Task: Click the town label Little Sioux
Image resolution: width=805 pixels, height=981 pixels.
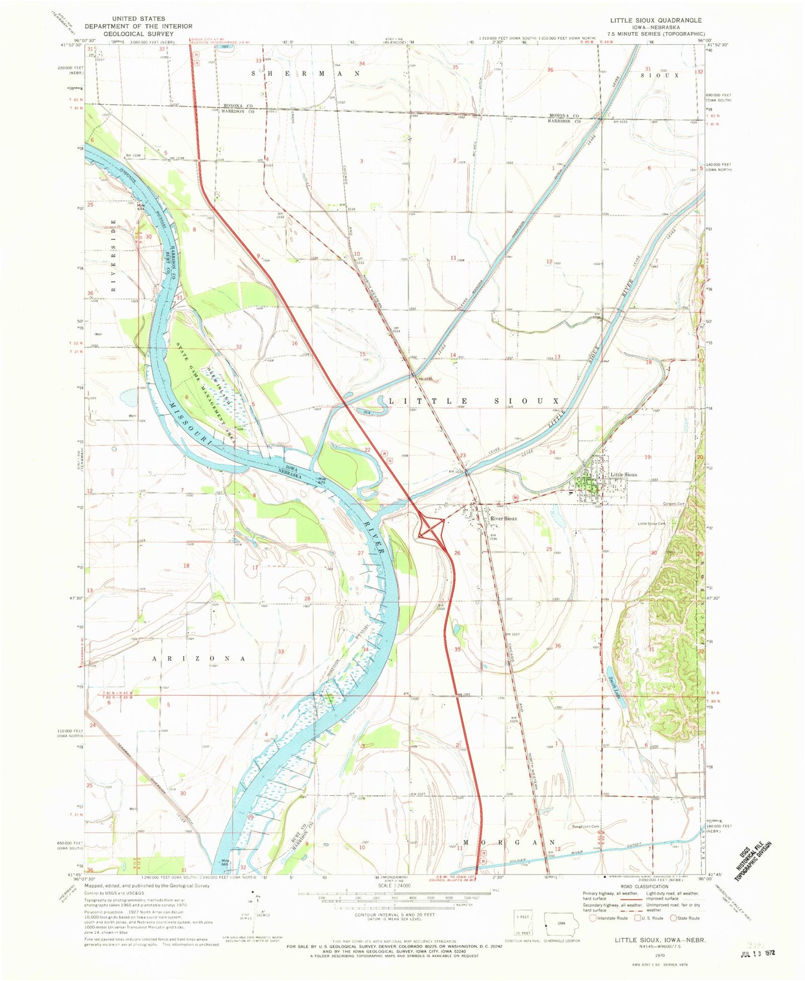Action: (623, 474)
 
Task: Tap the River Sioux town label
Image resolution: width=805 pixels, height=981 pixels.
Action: (503, 518)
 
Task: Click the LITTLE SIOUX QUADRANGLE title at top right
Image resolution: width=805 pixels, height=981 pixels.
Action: (656, 20)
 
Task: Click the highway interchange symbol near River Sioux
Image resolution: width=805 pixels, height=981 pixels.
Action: (431, 527)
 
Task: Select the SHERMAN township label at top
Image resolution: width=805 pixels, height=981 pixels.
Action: (306, 74)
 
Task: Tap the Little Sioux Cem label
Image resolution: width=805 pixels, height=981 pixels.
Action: (652, 523)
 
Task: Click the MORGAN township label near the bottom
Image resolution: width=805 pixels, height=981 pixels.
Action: (509, 842)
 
